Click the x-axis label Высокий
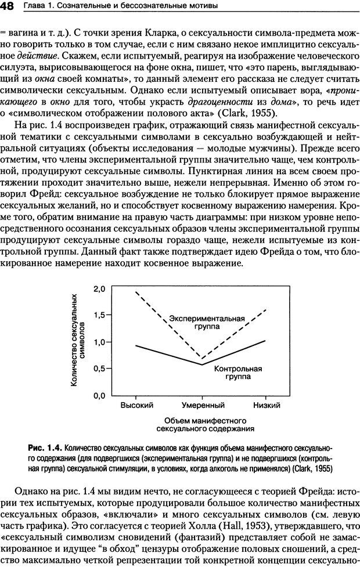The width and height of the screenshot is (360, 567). pos(136,405)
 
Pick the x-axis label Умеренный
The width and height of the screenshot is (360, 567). pos(203,405)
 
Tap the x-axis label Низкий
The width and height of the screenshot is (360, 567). pos(267,405)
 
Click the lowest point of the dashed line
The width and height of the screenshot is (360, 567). pos(201,359)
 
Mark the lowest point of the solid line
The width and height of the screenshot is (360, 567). pos(201,364)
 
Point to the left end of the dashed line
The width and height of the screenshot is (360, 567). pos(136,292)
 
